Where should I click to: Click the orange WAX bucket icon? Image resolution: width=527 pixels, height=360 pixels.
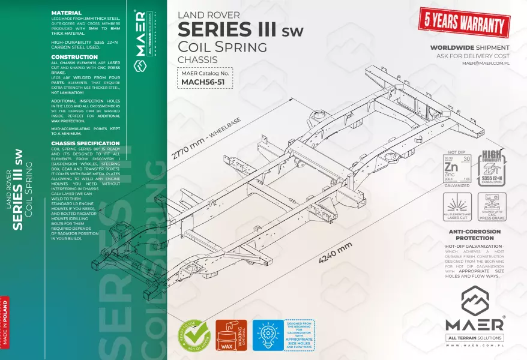pyautogui.click(x=230, y=334)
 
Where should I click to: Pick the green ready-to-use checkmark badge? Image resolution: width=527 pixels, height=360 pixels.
pyautogui.click(x=194, y=334)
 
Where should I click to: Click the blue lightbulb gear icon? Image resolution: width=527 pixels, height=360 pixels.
pyautogui.click(x=268, y=335)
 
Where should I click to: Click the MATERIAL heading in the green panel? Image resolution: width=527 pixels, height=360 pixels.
pyautogui.click(x=67, y=13)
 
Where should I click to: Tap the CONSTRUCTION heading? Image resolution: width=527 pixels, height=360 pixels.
pyautogui.click(x=74, y=57)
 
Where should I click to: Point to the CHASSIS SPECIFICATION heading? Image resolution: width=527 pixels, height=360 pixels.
pyautogui.click(x=85, y=143)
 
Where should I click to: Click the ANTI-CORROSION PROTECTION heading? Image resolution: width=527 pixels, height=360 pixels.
pyautogui.click(x=475, y=235)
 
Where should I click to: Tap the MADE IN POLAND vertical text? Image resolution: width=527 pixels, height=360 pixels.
pyautogui.click(x=5, y=324)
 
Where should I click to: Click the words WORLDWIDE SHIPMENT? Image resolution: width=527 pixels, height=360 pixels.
pyautogui.click(x=470, y=47)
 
